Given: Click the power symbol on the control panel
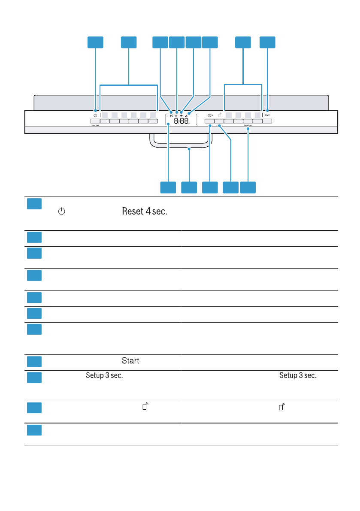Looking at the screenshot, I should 95,115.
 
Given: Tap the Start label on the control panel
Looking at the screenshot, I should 267,115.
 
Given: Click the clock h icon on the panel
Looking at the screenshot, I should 209,115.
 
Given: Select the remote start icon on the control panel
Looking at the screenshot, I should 219,115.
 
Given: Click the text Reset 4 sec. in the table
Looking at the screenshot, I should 145,212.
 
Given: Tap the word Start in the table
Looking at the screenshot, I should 130,361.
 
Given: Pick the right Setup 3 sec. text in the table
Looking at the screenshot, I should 298,375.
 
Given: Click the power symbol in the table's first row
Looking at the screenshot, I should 62,212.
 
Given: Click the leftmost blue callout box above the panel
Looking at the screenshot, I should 95,42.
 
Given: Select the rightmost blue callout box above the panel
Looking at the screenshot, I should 267,42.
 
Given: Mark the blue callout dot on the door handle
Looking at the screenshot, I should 189,149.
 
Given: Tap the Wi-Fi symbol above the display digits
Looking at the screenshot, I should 181,111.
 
